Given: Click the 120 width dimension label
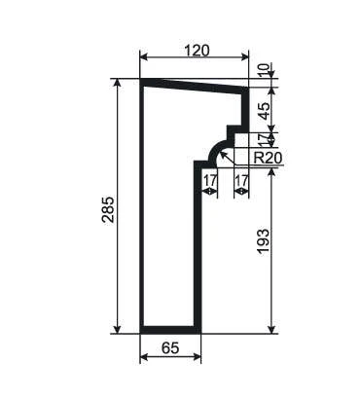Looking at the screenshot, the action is tap(197, 51).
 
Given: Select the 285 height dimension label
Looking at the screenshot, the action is tap(108, 209).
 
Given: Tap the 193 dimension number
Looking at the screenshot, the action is tap(263, 241).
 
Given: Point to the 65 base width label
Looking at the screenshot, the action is tap(170, 348).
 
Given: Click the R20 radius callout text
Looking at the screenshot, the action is tap(268, 158).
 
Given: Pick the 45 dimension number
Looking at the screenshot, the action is tap(264, 111).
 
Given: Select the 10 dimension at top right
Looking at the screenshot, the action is tap(264, 70).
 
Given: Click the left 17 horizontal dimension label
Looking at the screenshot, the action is tap(210, 180).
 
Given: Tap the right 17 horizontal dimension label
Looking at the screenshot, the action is tap(241, 180).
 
